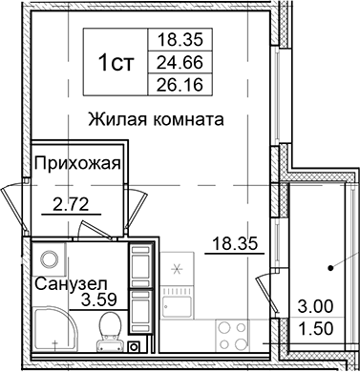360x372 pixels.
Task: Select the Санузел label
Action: (x=66, y=283)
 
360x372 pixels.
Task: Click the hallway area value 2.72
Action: (x=71, y=203)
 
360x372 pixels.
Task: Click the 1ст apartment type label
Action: (x=116, y=63)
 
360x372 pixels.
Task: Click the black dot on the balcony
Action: (x=330, y=270)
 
